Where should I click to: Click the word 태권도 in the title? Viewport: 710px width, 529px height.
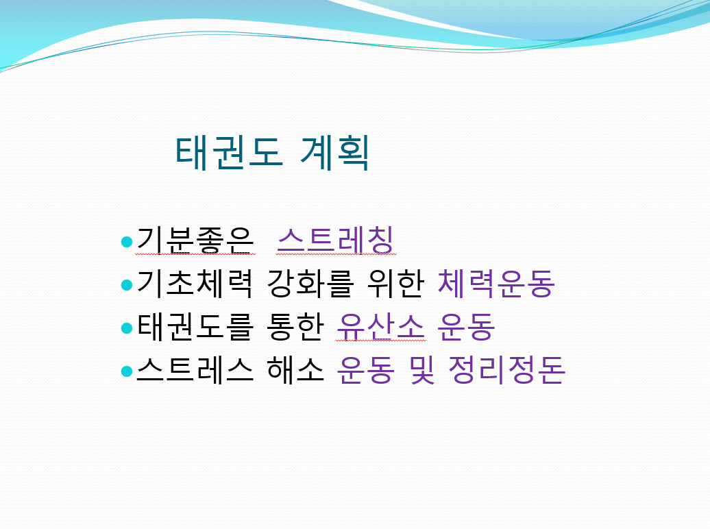[x=229, y=153]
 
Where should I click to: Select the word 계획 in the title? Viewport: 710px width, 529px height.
[x=334, y=153]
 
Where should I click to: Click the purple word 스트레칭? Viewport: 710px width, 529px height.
[x=336, y=240]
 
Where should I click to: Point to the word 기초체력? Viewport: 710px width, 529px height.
[x=194, y=284]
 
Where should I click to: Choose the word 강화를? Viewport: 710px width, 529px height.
[x=310, y=284]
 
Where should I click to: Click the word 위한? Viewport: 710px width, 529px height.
[x=395, y=284]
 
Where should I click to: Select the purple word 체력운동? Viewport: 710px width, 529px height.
[x=496, y=284]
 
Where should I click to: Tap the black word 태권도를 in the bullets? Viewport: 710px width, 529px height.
[x=194, y=327]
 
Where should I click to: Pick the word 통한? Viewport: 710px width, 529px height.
[x=295, y=327]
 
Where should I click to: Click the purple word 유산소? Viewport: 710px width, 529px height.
[x=381, y=327]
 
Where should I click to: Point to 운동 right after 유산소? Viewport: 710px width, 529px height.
[x=467, y=327]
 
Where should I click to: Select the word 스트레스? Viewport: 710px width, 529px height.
[x=194, y=370]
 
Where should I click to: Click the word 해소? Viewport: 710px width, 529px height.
[x=295, y=370]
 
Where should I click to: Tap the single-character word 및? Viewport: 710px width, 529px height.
[x=421, y=370]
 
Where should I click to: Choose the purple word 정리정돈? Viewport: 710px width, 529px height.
[x=506, y=370]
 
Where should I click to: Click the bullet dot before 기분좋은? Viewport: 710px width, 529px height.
[x=127, y=242]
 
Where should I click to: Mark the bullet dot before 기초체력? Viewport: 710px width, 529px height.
[x=127, y=285]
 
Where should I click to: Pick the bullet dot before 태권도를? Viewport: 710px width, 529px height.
[x=127, y=328]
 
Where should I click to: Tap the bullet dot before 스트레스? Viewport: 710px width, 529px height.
[x=127, y=371]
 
